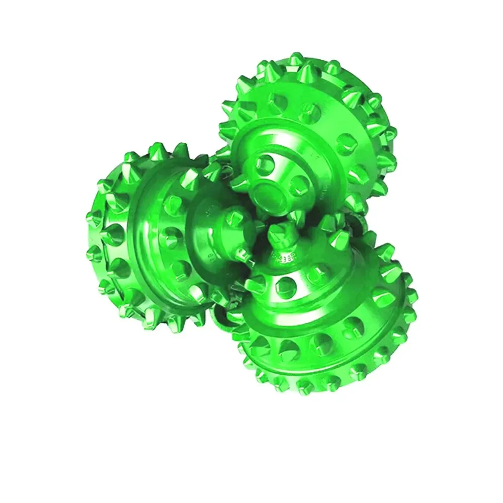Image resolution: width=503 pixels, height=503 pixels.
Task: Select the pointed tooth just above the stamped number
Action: pos(278,233)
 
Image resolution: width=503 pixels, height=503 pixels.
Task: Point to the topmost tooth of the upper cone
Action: pos(296,61)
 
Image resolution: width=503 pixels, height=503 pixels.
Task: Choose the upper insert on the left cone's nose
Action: pos(235,217)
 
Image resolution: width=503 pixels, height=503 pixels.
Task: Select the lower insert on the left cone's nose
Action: pos(241,251)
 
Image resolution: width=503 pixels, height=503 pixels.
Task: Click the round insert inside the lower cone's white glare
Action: pos(287,287)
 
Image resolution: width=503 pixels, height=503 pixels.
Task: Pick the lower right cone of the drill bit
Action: pos(327,312)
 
